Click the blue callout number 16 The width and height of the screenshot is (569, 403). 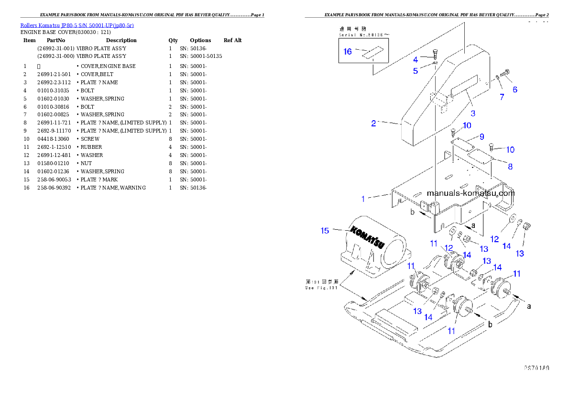point(348,51)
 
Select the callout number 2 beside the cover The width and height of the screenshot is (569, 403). point(373,123)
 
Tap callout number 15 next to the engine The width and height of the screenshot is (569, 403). point(325,231)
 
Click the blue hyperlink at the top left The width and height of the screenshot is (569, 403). point(77,25)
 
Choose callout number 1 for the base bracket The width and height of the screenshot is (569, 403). point(363,198)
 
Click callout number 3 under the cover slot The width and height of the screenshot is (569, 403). point(473,113)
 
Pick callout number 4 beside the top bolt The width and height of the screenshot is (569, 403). point(416,59)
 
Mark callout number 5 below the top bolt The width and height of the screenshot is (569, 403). point(416,71)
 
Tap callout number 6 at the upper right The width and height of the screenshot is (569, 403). point(515,90)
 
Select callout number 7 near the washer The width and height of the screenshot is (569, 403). point(502,97)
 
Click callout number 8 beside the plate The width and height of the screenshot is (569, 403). point(510,167)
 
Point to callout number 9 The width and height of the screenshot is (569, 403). point(482,137)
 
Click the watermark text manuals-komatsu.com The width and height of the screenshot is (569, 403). point(471,193)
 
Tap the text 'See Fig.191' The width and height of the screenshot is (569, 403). point(322,288)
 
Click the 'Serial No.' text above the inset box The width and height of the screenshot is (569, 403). point(356,35)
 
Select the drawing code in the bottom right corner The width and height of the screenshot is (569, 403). point(536,368)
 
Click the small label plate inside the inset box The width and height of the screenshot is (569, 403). point(372,53)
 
